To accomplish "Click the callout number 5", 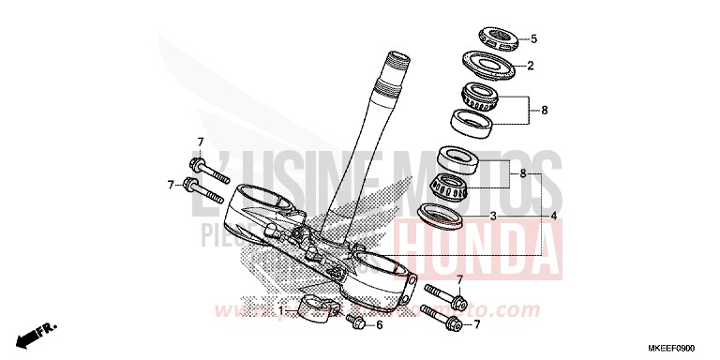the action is (533, 39).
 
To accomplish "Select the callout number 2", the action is (530, 66).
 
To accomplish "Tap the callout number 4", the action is (555, 216).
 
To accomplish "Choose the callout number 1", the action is (278, 308).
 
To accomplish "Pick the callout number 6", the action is (379, 325).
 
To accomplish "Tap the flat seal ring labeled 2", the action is (491, 67).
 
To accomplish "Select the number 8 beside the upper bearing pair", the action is (544, 110).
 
